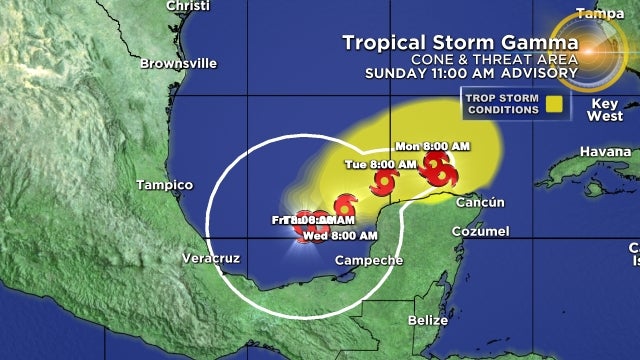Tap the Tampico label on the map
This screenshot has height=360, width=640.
coord(164,185)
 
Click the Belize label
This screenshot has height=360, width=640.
coord(428,320)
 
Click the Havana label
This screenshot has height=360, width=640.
coord(582,152)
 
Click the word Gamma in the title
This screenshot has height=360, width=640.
coord(541,43)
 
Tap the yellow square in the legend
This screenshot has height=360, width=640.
coord(552,101)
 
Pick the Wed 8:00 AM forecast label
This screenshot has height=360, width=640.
coord(340,236)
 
